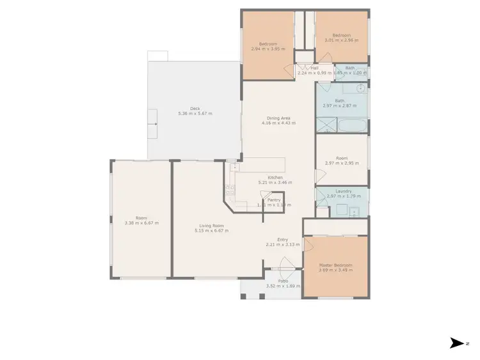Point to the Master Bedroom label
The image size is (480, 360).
coord(336,265)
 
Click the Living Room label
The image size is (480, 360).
coord(211,225)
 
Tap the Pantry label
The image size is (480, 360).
coord(274,200)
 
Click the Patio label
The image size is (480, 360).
coord(282,281)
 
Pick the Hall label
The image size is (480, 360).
coord(314,68)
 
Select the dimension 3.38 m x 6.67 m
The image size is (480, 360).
coord(141,223)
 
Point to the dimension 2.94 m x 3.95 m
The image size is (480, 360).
coord(268,49)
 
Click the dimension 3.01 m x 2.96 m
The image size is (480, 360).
coord(342,40)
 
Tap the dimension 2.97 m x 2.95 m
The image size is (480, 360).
coord(342,163)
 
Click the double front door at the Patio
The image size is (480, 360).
coord(282,264)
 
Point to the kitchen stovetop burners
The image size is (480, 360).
coord(230,189)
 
